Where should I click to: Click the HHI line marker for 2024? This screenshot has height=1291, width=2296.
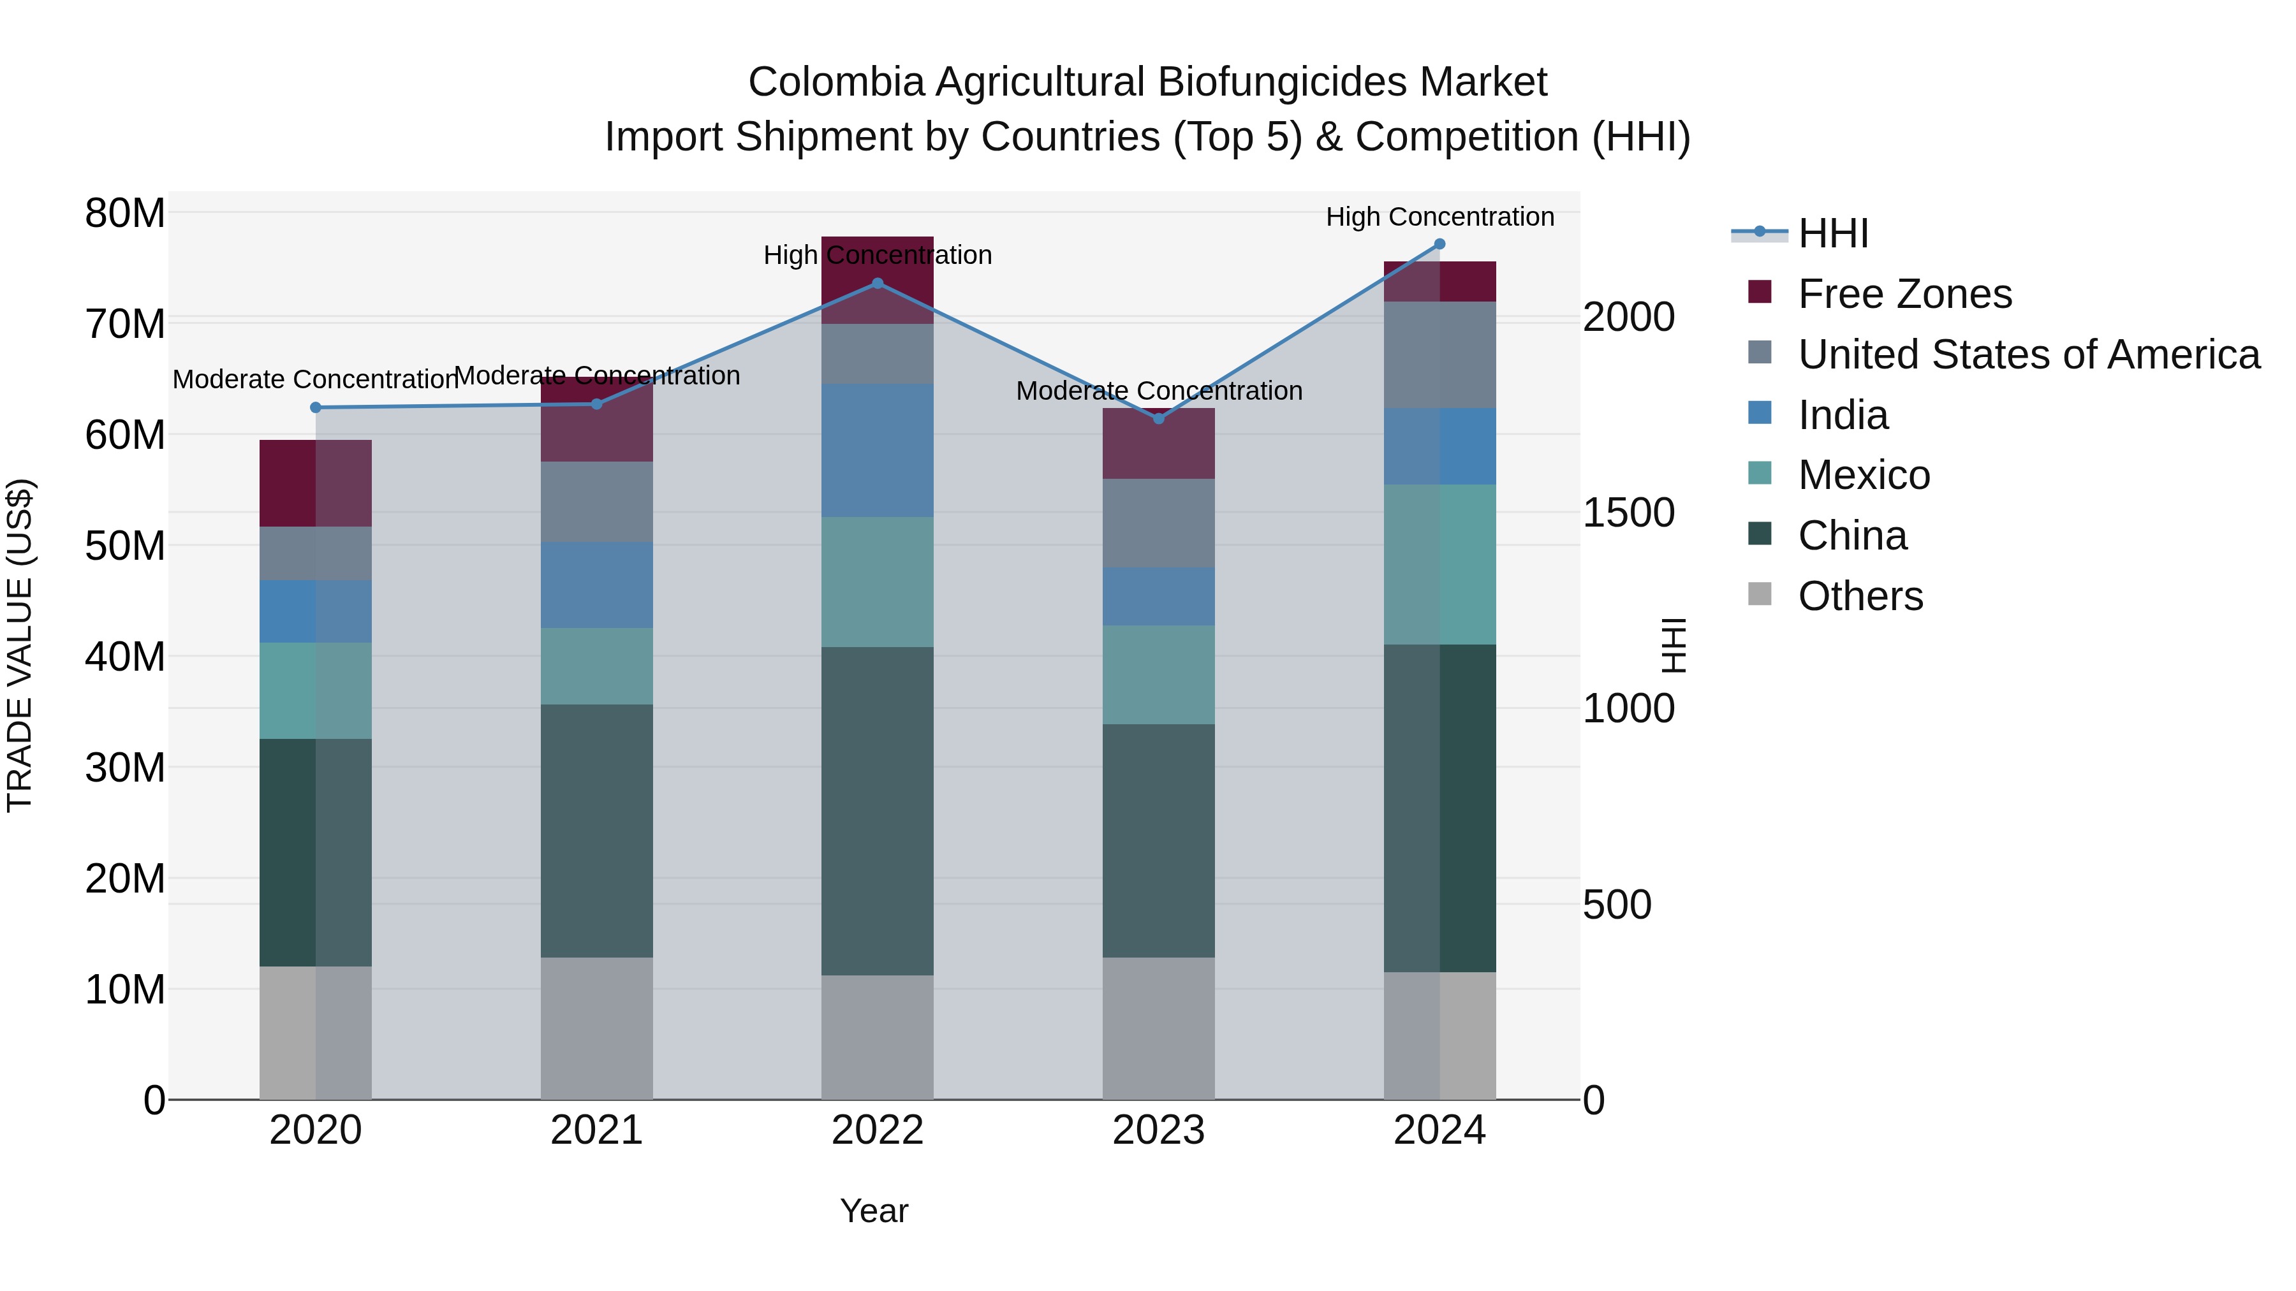pos(1439,244)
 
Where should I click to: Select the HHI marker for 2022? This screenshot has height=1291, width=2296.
pos(877,283)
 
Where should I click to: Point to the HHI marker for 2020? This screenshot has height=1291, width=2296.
pos(316,407)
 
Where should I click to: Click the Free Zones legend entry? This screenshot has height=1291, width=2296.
pos(1904,294)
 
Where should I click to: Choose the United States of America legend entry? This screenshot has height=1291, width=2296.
pos(2027,354)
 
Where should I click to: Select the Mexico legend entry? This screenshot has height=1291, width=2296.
pos(1864,475)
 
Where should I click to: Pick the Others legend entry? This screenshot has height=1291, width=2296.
pos(1860,596)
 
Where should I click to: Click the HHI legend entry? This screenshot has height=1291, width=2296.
pos(1832,233)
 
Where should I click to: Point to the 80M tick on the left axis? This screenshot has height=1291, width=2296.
pos(125,213)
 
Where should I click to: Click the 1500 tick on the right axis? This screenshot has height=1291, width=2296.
pos(1628,513)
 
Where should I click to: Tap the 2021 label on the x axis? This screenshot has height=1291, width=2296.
pos(596,1130)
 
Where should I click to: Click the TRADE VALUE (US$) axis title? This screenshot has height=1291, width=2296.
pos(20,645)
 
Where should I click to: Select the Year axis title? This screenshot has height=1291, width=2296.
pos(874,1211)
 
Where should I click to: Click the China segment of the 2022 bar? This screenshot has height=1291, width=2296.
pos(877,811)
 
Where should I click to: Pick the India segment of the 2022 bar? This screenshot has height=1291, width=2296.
pos(877,450)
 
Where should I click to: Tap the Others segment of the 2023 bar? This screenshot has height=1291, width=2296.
pos(1159,1028)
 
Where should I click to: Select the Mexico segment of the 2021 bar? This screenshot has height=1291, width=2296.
pos(596,666)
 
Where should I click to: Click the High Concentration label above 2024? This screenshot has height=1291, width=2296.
pos(1439,217)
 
